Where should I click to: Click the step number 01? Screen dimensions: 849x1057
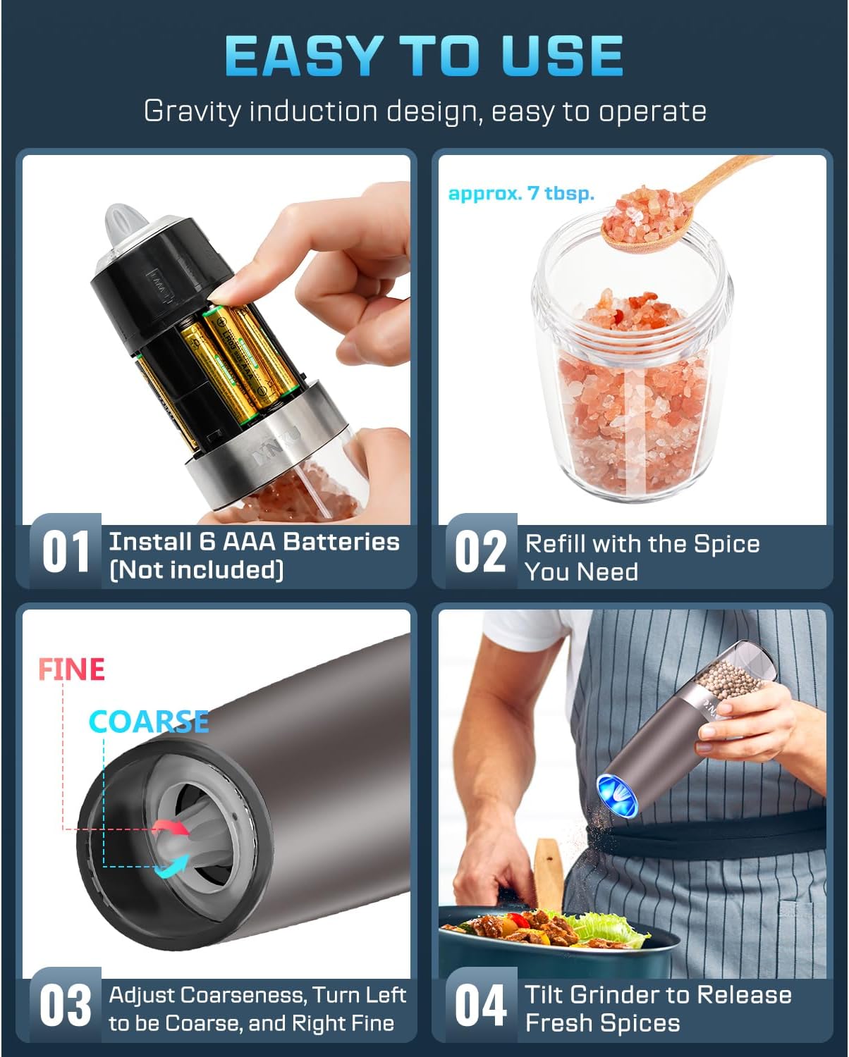[66, 552]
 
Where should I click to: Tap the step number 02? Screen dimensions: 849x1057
[480, 552]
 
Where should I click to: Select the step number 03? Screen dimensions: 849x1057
[66, 1006]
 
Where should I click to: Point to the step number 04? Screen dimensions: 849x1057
[480, 1006]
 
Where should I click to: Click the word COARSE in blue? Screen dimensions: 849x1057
[149, 722]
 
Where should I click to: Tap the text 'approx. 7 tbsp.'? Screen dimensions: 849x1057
[521, 193]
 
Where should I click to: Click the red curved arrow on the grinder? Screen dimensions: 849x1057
[171, 827]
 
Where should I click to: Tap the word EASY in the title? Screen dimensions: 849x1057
[304, 56]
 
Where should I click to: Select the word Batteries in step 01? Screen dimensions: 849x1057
[342, 543]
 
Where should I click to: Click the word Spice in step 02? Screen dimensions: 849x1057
[726, 544]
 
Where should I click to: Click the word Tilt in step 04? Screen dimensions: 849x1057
[544, 994]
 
